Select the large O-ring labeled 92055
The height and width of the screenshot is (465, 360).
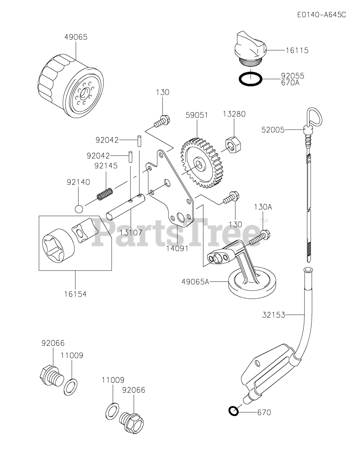click(x=251, y=79)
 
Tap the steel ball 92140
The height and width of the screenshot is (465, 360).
click(x=79, y=209)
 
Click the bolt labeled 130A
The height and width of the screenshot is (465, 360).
click(x=259, y=236)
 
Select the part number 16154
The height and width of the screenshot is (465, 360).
click(x=75, y=294)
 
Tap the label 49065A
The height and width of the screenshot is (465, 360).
click(x=195, y=281)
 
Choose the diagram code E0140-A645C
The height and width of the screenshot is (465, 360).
click(x=321, y=15)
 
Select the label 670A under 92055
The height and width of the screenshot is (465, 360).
click(x=292, y=83)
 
